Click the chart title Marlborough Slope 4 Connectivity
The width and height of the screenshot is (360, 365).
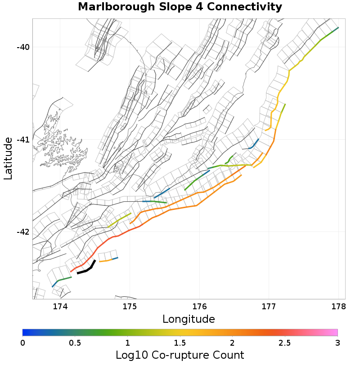coord(180,7)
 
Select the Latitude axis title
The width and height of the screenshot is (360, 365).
coord(8,159)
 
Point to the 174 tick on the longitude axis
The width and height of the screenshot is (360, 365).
coord(60,307)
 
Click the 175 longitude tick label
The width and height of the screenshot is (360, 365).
coord(130,307)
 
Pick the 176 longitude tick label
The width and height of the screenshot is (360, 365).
coord(199,307)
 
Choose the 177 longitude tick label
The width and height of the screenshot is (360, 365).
coord(269,307)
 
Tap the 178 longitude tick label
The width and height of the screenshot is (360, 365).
coord(338,307)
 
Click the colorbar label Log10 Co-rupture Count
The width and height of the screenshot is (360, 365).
coord(180,355)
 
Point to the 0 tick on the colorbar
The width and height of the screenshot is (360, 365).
coord(23,343)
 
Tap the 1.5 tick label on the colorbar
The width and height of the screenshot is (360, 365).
coord(180,343)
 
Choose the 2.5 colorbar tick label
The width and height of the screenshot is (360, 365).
coord(285,343)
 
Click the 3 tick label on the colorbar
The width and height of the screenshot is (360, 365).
coord(337,343)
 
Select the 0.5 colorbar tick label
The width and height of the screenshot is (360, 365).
coord(75,343)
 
